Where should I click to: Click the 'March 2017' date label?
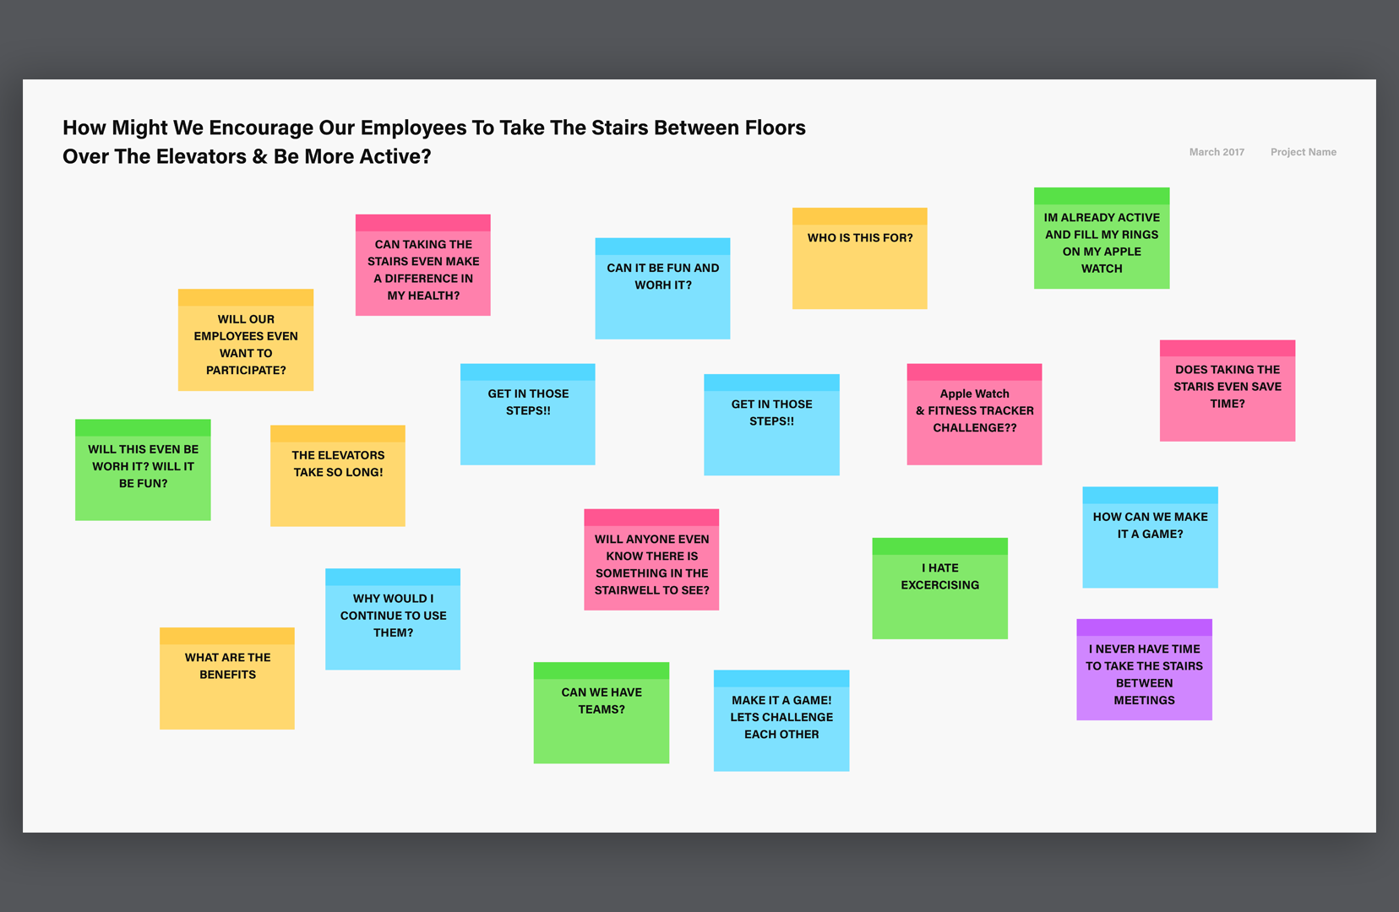click(x=1216, y=152)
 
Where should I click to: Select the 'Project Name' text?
click(x=1303, y=152)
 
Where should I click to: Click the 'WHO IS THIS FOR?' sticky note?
click(x=859, y=258)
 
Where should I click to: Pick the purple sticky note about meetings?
click(x=1144, y=669)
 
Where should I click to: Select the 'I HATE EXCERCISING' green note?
click(x=940, y=588)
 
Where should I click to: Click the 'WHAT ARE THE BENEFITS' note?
click(x=226, y=678)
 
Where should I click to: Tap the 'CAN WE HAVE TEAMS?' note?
click(x=601, y=712)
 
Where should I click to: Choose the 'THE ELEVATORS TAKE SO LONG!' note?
click(x=337, y=475)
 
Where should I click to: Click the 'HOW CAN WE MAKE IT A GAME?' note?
click(x=1150, y=537)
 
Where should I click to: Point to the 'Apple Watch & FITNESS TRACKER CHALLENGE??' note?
click(x=974, y=414)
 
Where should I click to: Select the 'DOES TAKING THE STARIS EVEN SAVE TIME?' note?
click(x=1228, y=390)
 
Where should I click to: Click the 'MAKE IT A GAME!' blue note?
click(x=781, y=720)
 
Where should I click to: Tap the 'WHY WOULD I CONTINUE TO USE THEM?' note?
click(x=392, y=619)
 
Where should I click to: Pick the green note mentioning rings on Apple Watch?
click(x=1102, y=238)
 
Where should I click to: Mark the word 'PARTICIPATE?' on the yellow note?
click(x=246, y=370)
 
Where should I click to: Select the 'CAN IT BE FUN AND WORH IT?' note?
click(x=662, y=289)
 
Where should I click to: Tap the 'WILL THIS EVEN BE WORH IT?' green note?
click(x=143, y=470)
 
